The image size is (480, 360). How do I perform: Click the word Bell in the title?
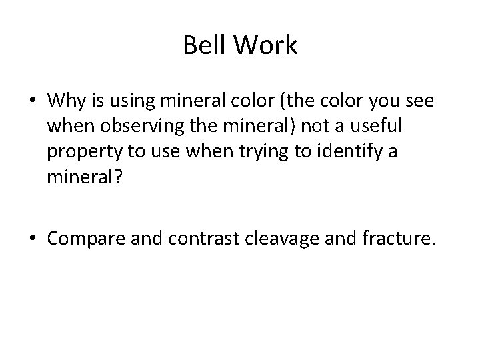(201, 47)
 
